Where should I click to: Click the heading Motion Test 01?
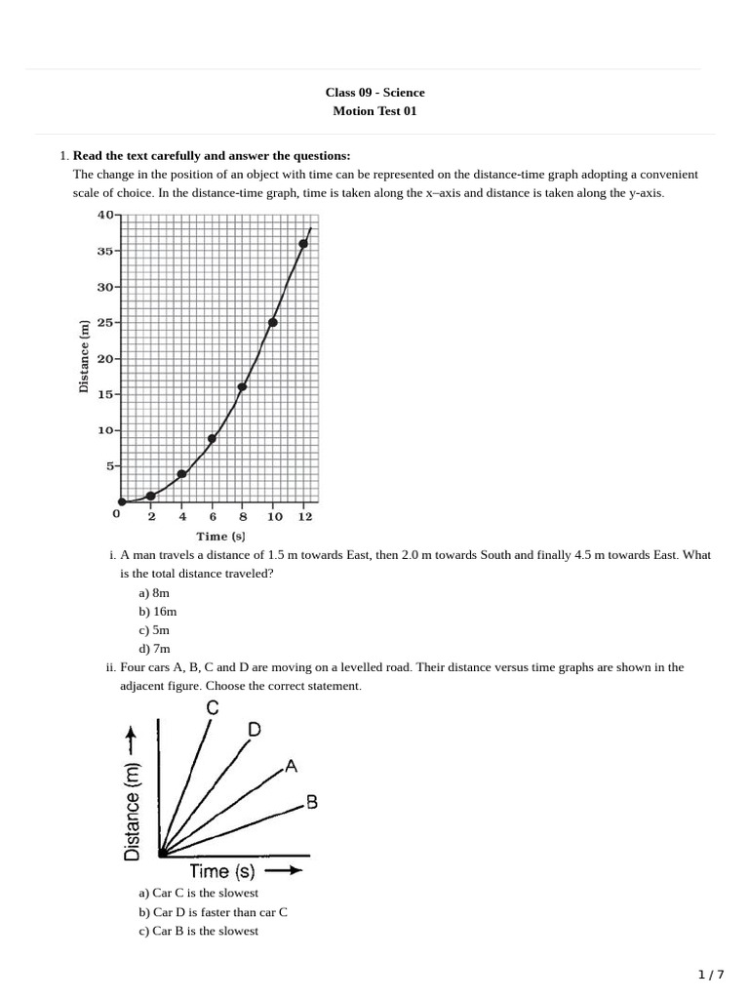pyautogui.click(x=374, y=111)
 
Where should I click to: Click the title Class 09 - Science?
pyautogui.click(x=374, y=93)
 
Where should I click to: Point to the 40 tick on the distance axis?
pyautogui.click(x=105, y=215)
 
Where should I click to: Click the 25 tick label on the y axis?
pyautogui.click(x=105, y=323)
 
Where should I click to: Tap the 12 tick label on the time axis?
pyautogui.click(x=305, y=517)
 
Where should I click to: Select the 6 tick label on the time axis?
pyautogui.click(x=213, y=517)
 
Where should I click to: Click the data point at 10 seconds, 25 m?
pyautogui.click(x=273, y=322)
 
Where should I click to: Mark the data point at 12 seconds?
pyautogui.click(x=303, y=244)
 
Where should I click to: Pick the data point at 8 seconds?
pyautogui.click(x=242, y=387)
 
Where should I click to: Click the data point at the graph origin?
pyautogui.click(x=121, y=502)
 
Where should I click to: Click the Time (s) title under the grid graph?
pyautogui.click(x=221, y=537)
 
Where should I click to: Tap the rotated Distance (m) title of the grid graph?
pyautogui.click(x=84, y=357)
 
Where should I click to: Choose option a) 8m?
pyautogui.click(x=154, y=592)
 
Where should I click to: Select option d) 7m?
pyautogui.click(x=154, y=648)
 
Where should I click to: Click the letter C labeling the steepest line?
pyautogui.click(x=213, y=709)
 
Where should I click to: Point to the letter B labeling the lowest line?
pyautogui.click(x=311, y=802)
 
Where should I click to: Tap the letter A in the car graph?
pyautogui.click(x=290, y=768)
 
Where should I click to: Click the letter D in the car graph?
pyautogui.click(x=254, y=730)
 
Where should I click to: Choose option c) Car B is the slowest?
pyautogui.click(x=199, y=931)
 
